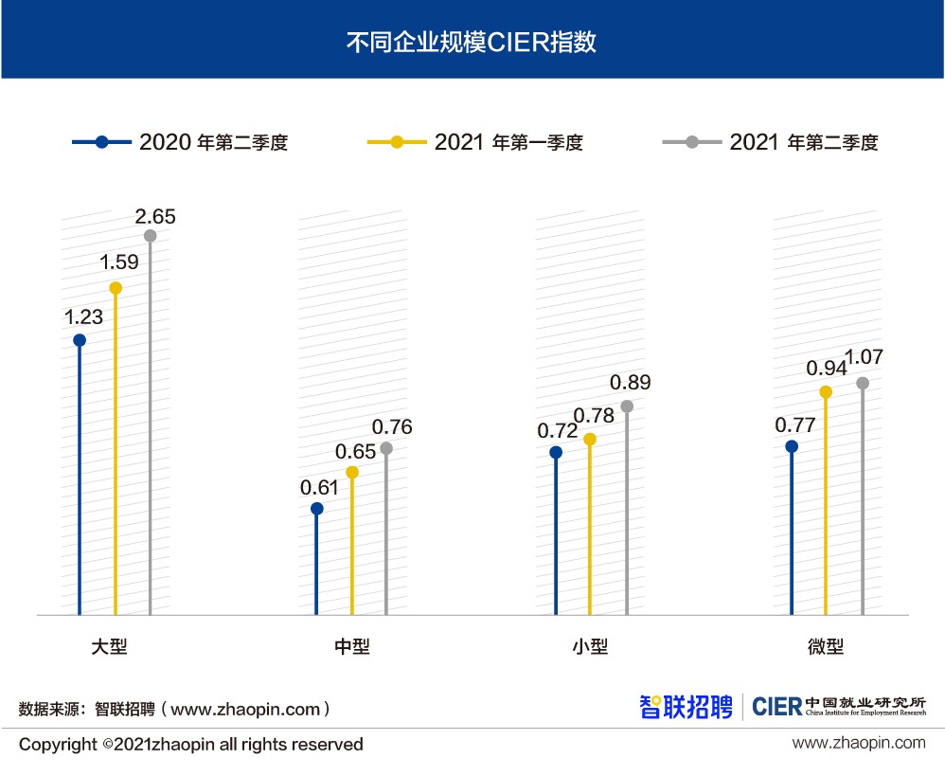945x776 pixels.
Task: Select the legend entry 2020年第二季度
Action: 180,143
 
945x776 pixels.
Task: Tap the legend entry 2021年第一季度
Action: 474,143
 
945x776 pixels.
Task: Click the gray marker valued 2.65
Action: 150,236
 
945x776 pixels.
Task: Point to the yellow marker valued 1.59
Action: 116,288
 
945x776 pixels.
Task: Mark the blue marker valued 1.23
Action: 80,340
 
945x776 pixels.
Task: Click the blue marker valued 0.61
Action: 316,509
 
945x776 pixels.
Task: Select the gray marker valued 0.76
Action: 386,448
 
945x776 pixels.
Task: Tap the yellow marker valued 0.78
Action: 590,440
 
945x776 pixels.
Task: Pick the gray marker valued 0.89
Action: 626,406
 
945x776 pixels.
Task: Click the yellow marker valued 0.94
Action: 826,392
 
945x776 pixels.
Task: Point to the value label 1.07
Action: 864,357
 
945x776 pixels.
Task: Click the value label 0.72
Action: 557,429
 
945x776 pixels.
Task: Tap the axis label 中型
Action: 352,647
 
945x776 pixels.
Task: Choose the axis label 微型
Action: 825,647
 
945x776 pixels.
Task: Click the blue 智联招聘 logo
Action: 686,707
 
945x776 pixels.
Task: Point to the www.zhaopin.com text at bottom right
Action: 859,744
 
